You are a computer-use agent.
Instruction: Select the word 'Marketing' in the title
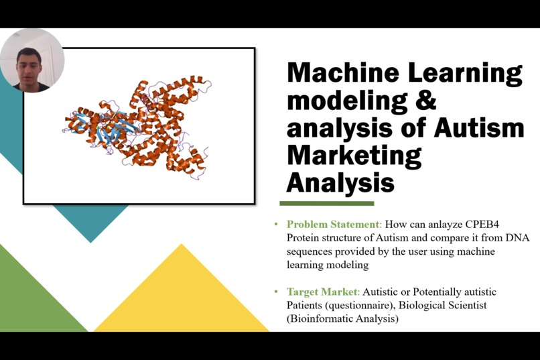[x=354, y=155]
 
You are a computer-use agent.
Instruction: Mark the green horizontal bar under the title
[x=326, y=203]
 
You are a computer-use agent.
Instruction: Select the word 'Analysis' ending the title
[x=340, y=182]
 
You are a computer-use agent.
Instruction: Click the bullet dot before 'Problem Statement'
[x=276, y=225]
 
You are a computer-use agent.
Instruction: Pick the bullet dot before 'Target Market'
[x=276, y=292]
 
